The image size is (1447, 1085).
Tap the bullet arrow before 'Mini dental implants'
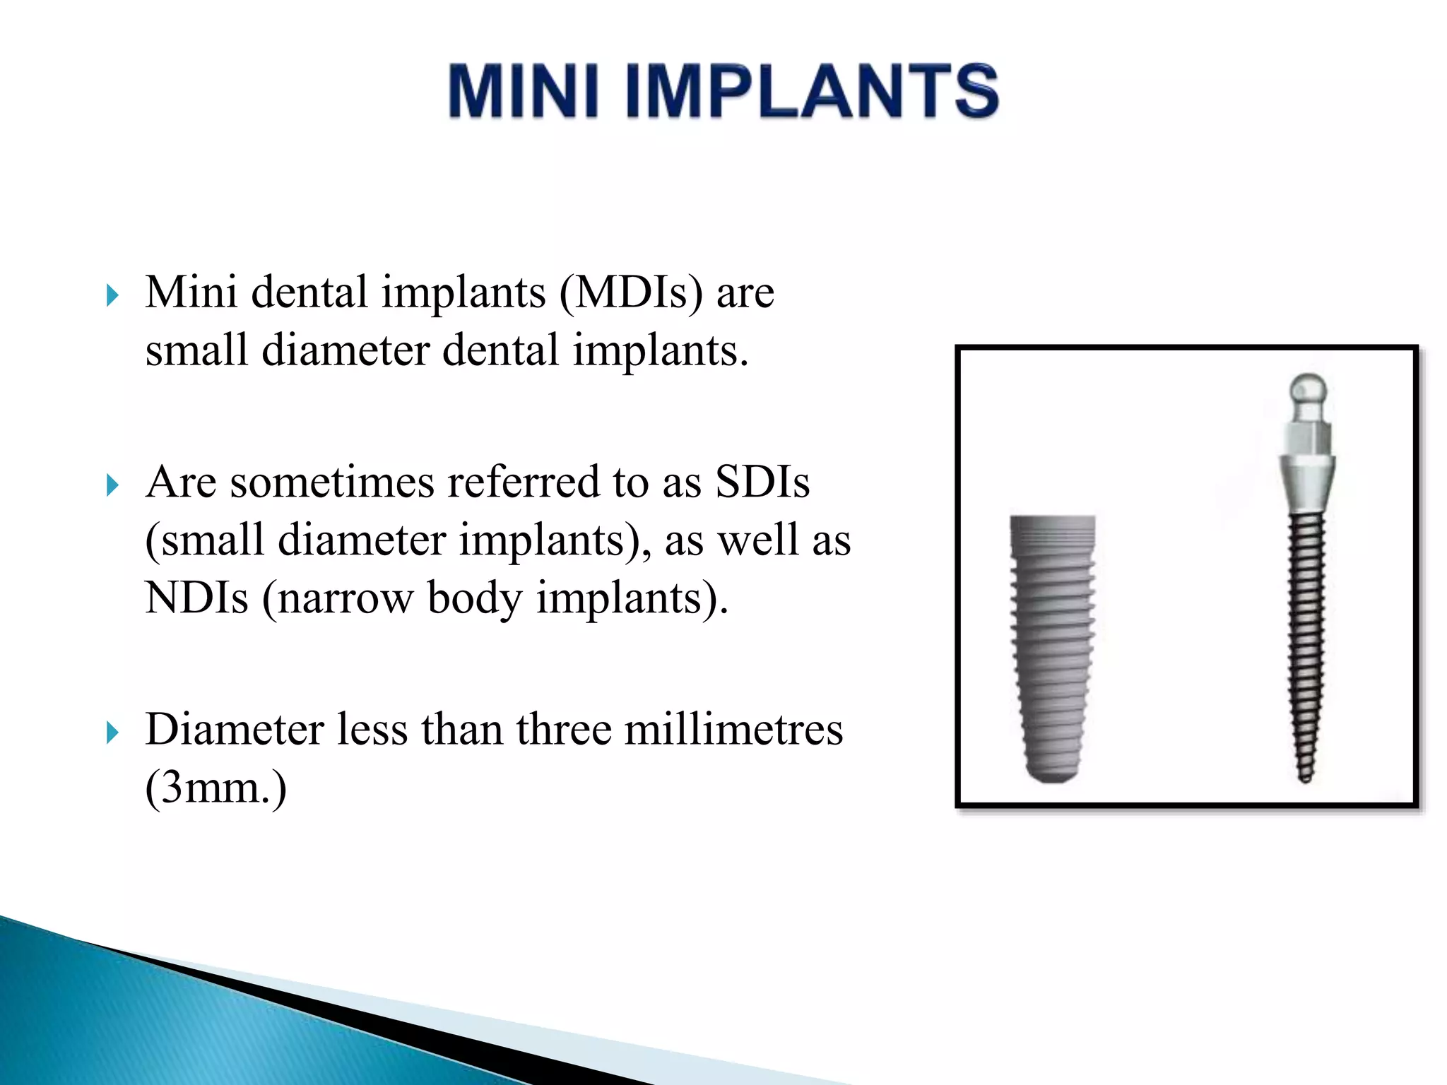pyautogui.click(x=112, y=295)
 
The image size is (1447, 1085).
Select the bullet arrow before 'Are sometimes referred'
pyautogui.click(x=112, y=485)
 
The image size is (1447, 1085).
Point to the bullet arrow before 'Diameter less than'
pyautogui.click(x=112, y=733)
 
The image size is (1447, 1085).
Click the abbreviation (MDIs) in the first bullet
pyautogui.click(x=632, y=292)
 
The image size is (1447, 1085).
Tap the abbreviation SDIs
pyautogui.click(x=762, y=482)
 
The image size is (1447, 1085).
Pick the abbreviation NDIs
pyautogui.click(x=196, y=598)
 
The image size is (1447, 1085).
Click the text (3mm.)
pyautogui.click(x=215, y=788)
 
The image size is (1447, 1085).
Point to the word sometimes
pyautogui.click(x=331, y=482)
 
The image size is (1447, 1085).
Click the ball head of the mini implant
pyautogui.click(x=1308, y=390)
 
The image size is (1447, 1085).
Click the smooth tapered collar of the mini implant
pyautogui.click(x=1308, y=484)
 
